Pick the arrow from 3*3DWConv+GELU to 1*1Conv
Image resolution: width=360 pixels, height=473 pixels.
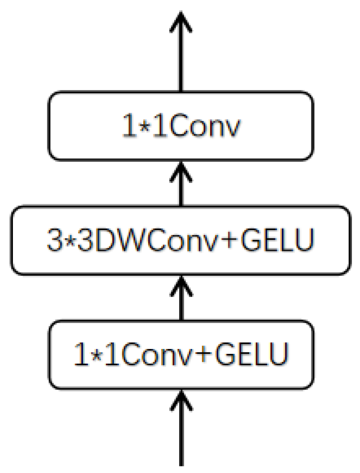pos(180,185)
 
